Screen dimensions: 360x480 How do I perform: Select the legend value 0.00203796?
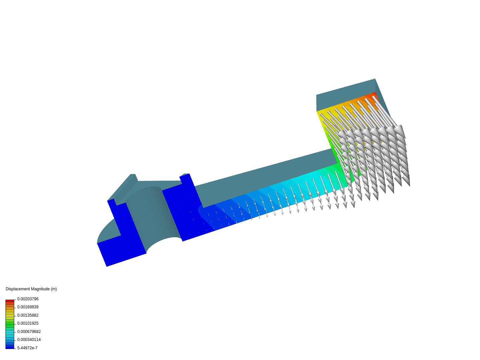pyautogui.click(x=28, y=299)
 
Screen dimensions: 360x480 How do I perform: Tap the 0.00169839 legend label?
pyautogui.click(x=28, y=307)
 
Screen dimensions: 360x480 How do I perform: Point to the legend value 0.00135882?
pyautogui.click(x=28, y=315)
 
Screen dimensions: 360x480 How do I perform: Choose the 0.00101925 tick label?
pyautogui.click(x=28, y=323)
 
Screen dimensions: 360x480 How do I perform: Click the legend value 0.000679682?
pyautogui.click(x=29, y=332)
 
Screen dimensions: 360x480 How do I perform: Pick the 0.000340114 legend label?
pyautogui.click(x=29, y=340)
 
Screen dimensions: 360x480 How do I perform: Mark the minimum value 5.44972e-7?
pyautogui.click(x=27, y=348)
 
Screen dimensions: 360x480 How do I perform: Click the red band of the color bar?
pyautogui.click(x=10, y=301)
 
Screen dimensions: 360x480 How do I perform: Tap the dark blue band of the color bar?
pyautogui.click(x=10, y=347)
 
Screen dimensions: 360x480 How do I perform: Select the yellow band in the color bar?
pyautogui.click(x=10, y=314)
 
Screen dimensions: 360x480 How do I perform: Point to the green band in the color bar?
pyautogui.click(x=10, y=323)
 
